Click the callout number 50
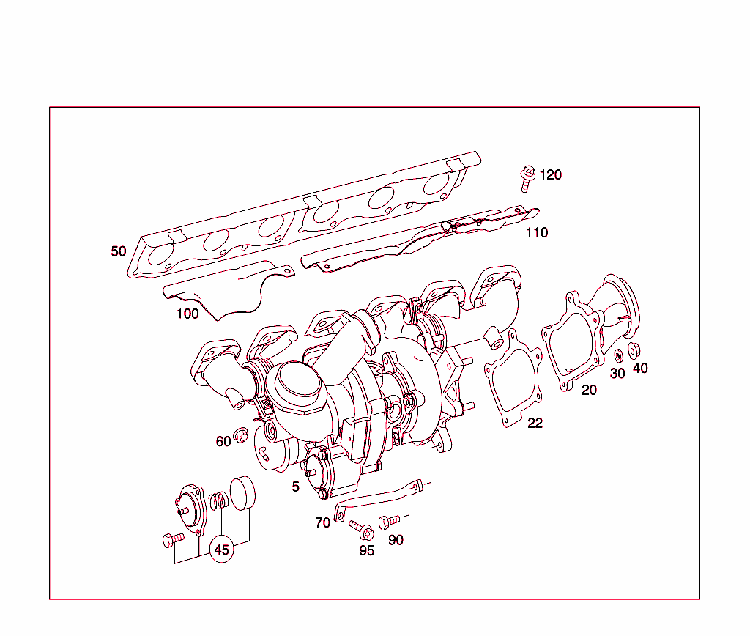point(119,251)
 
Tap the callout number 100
point(187,314)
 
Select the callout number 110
point(537,233)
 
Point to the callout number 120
point(551,174)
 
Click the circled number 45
point(221,550)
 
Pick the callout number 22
point(535,423)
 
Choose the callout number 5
point(296,487)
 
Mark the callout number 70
point(322,523)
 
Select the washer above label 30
point(617,355)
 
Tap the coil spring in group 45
point(218,503)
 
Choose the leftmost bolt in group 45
point(173,541)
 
